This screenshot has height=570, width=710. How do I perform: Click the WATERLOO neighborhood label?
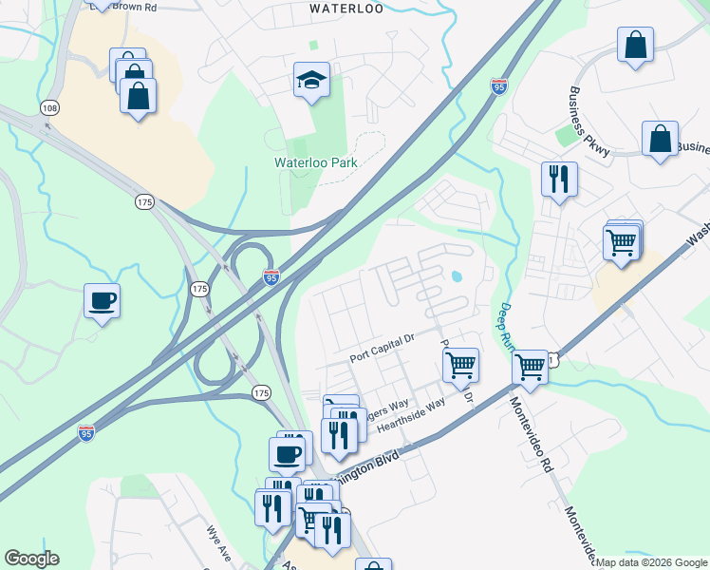point(347,9)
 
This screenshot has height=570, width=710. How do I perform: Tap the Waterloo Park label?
point(316,162)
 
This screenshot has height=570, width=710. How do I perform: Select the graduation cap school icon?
point(311,81)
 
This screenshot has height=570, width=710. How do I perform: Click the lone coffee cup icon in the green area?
point(102,301)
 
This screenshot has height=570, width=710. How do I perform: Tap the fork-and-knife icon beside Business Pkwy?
point(559,179)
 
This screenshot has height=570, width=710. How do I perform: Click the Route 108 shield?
point(50,109)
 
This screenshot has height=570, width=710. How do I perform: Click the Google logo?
point(31,559)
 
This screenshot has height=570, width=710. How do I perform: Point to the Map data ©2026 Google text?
point(652,562)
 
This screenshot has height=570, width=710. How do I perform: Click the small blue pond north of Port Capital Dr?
point(458,277)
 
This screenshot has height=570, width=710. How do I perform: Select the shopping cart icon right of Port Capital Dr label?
point(460,364)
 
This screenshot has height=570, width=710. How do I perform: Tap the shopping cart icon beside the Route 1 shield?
point(530,366)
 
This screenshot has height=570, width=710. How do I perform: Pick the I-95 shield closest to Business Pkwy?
point(499,87)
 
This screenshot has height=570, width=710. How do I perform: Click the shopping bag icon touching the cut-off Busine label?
point(659,140)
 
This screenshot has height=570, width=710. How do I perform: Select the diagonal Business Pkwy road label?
point(590,122)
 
